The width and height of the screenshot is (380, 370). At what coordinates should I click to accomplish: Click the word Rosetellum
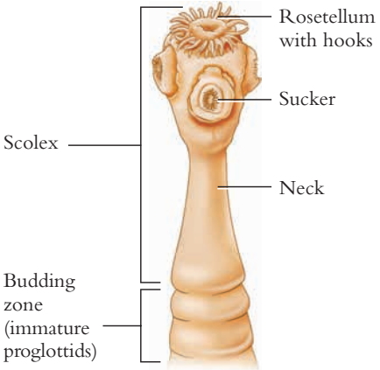(327, 17)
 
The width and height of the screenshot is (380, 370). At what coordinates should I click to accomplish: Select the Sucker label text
(307, 99)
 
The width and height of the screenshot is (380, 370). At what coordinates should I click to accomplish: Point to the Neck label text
(301, 187)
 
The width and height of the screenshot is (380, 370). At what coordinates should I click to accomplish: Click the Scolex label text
(31, 143)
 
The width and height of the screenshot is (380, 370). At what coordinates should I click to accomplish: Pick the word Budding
(39, 283)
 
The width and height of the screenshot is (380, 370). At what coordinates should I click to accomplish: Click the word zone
(23, 304)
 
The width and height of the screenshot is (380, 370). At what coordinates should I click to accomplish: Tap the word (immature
(46, 329)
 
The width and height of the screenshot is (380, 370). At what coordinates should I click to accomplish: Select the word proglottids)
(50, 352)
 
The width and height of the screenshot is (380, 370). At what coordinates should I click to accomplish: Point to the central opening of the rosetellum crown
(209, 27)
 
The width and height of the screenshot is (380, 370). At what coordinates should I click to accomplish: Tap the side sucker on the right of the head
(253, 70)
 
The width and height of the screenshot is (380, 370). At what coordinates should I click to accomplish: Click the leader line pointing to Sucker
(244, 100)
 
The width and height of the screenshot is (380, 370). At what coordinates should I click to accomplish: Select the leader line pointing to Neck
(244, 187)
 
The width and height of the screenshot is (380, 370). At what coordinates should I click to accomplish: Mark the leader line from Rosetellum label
(245, 17)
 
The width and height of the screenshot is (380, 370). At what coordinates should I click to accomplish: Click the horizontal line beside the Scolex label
(104, 144)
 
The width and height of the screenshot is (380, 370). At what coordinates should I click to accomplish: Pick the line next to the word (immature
(122, 325)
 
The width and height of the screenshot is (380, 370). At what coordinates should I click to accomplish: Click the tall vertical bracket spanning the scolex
(142, 144)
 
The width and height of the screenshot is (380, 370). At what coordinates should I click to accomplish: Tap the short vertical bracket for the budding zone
(142, 325)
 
